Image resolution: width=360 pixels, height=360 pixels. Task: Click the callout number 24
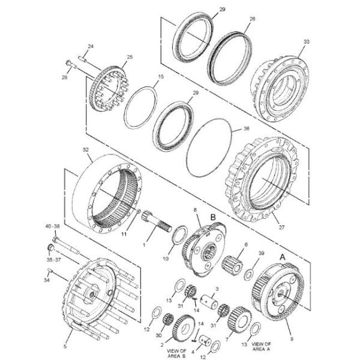(x=91, y=46)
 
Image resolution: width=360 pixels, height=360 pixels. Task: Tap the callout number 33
(x=307, y=41)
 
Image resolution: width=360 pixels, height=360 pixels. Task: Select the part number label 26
(x=252, y=19)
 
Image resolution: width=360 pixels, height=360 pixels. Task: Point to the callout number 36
(x=244, y=128)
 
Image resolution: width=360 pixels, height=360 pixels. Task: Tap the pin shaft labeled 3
(x=211, y=298)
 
